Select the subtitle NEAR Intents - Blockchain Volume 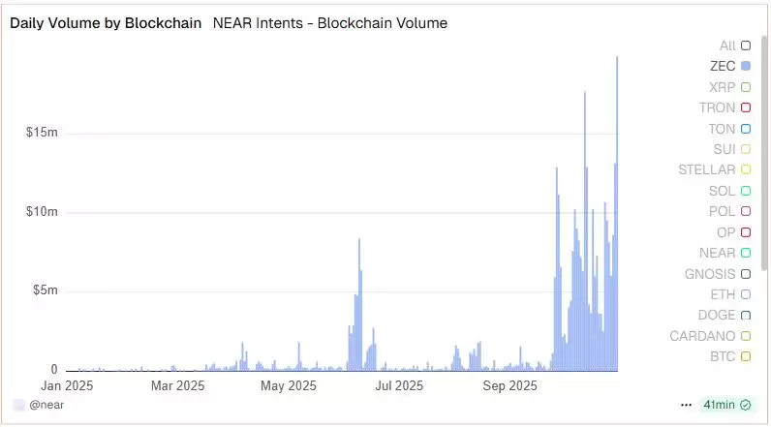tap(329, 23)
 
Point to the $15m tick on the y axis tap(43, 133)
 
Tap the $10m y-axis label tap(43, 212)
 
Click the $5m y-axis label tap(46, 290)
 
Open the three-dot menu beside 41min tap(687, 405)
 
